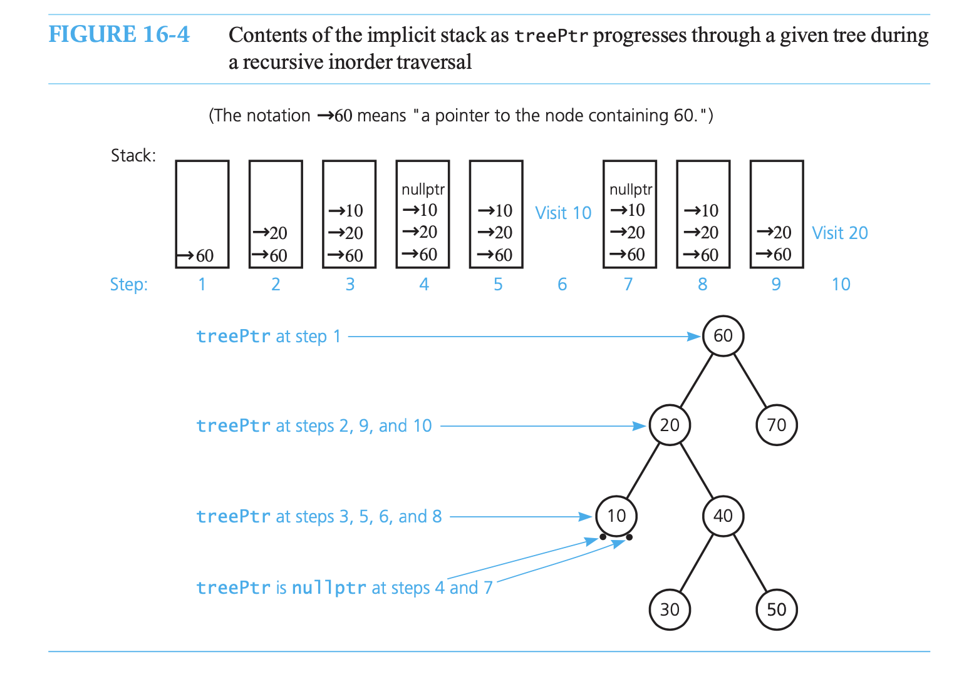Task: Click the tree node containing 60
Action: (x=723, y=336)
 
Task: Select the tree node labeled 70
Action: (x=776, y=425)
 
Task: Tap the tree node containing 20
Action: (x=670, y=425)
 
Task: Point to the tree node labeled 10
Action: (x=616, y=516)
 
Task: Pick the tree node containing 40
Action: (x=723, y=516)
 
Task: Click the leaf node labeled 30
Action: (x=670, y=609)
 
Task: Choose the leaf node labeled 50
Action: (x=776, y=609)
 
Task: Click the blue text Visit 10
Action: (x=563, y=213)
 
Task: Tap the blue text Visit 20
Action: (x=840, y=233)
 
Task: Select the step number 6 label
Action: (x=562, y=285)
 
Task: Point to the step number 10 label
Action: (x=841, y=285)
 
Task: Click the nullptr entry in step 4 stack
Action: (x=423, y=190)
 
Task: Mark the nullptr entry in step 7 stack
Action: (x=630, y=190)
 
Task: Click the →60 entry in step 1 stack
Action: (x=196, y=256)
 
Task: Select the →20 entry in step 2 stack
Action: (x=270, y=233)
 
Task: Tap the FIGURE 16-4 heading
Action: (x=119, y=34)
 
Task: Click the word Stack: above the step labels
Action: (x=133, y=155)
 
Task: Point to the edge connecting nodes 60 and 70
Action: (x=750, y=380)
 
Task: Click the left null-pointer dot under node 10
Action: (x=603, y=537)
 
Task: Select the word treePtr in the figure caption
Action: (x=551, y=36)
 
